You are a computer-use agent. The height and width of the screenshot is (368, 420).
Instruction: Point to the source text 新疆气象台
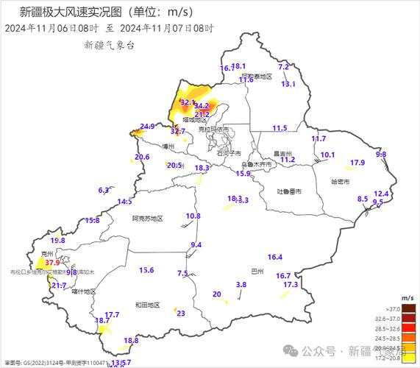[x=110, y=45]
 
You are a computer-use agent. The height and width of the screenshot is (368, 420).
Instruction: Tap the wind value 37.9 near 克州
[x=51, y=262]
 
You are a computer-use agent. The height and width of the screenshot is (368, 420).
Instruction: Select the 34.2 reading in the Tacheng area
[x=202, y=106]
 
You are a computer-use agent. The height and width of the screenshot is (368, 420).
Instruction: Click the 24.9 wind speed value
[x=147, y=127]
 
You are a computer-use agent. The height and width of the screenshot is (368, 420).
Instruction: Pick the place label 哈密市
[x=341, y=181]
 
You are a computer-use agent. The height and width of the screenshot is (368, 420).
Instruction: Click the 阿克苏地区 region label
[x=147, y=219]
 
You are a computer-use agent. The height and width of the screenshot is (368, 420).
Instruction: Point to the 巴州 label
[x=257, y=271]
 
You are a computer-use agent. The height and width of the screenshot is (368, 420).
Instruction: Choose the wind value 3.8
[x=241, y=285]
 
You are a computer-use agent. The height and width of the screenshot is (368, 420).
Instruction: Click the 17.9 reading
[x=357, y=163]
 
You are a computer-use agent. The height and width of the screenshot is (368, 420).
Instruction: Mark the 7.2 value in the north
[x=283, y=67]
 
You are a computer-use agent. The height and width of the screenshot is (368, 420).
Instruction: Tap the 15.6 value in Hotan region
[x=146, y=270]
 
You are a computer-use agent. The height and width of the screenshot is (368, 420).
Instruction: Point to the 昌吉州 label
[x=283, y=154]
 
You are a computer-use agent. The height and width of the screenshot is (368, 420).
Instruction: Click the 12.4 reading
[x=381, y=194]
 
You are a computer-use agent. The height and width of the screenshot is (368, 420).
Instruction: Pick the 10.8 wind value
[x=193, y=216]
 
